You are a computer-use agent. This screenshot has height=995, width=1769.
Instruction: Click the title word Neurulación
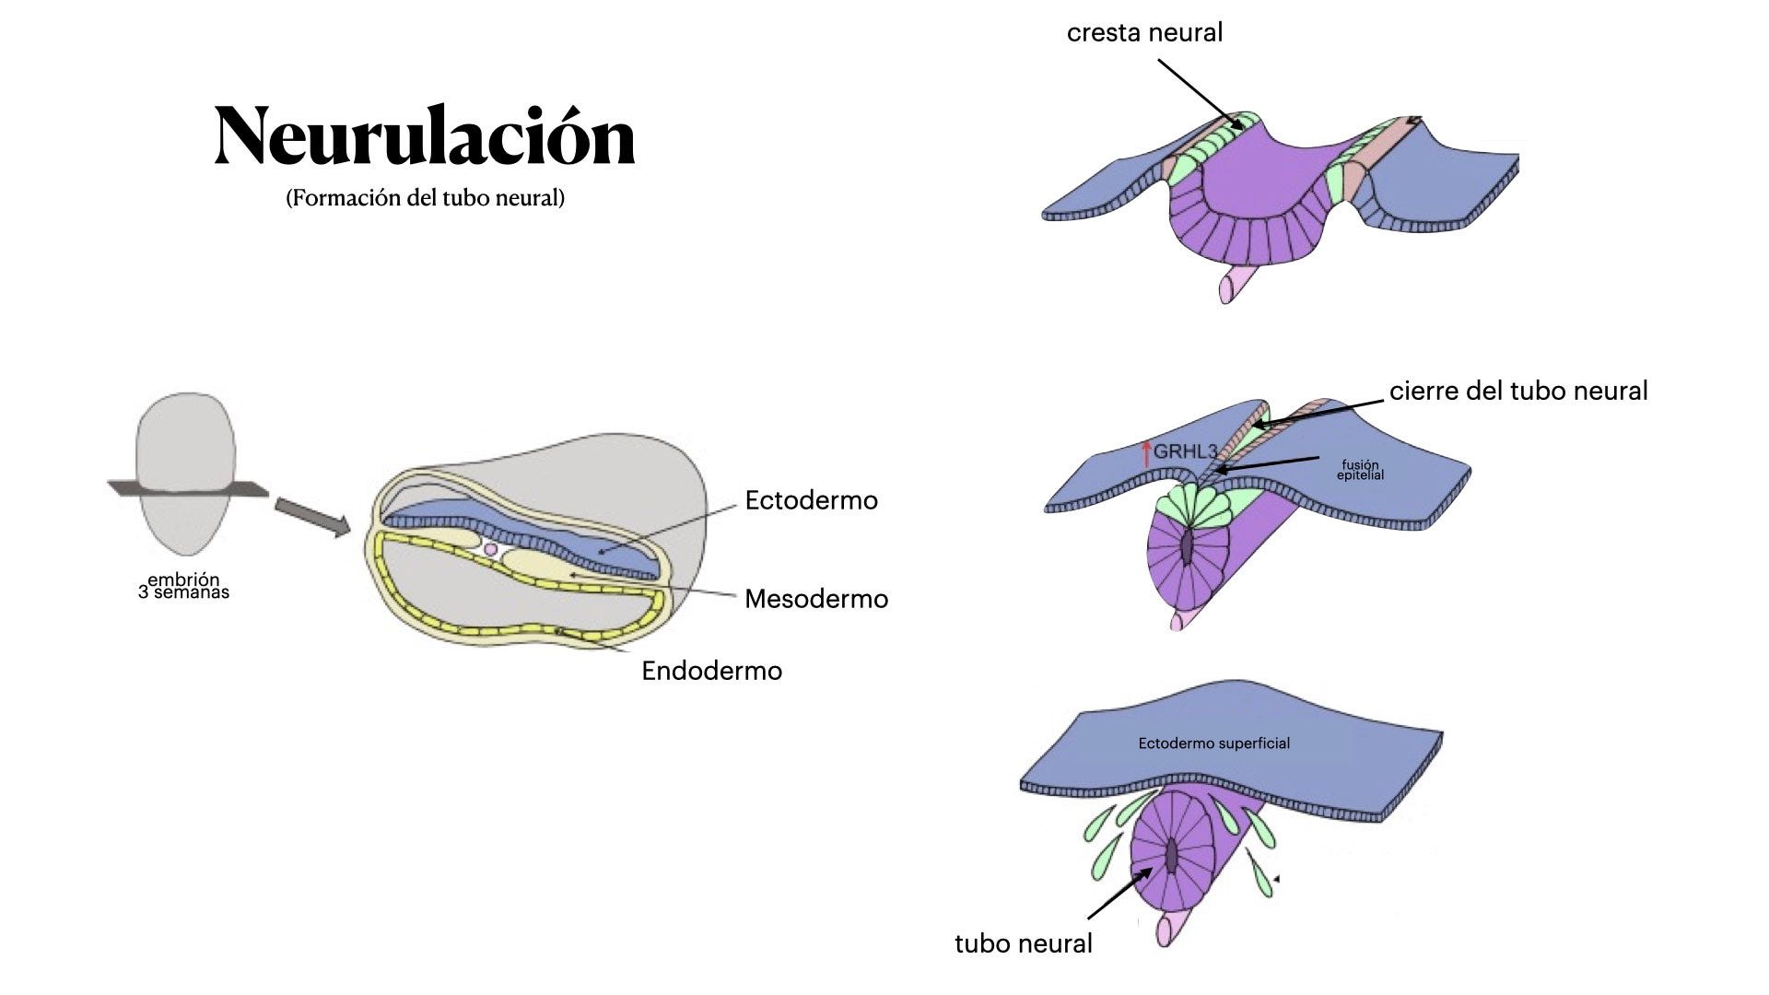coord(425,136)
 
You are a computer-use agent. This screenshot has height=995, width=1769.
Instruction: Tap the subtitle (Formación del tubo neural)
coord(425,198)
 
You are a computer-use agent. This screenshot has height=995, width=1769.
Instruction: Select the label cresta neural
coord(1144,33)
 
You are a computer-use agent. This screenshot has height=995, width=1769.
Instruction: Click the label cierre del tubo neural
coord(1517,392)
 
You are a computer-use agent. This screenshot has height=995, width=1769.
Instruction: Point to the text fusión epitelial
coord(1361,470)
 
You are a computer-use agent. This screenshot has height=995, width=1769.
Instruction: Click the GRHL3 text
coord(1186,452)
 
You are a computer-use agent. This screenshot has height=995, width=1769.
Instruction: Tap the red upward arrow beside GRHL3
coord(1146,452)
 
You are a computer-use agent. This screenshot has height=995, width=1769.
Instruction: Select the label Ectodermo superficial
coord(1213,743)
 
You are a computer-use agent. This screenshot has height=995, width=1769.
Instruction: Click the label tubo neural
coord(1023,944)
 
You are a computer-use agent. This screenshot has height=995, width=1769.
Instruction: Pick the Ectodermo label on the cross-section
coord(811,501)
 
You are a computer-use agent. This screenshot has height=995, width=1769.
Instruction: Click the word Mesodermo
coord(815,600)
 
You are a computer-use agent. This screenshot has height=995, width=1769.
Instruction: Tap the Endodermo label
coord(711,672)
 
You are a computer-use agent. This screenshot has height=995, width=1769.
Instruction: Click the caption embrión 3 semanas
coord(183,586)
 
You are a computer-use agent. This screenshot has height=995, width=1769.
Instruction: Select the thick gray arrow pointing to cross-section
coord(312,516)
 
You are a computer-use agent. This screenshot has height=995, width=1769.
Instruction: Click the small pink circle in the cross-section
coord(490,549)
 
